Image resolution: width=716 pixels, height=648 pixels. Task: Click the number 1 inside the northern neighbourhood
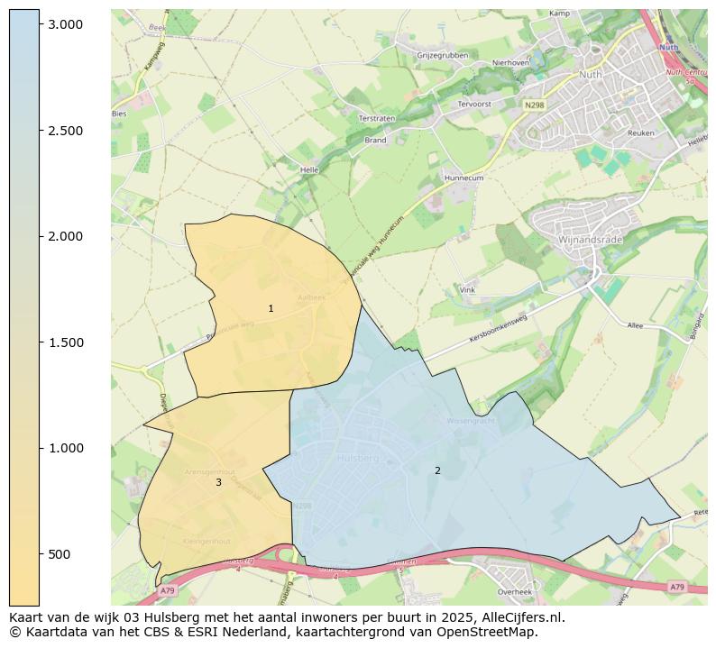point(271,309)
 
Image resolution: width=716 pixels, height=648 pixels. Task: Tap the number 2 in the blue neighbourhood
point(437,470)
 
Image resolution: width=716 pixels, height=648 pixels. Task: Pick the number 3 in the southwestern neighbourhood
point(218,483)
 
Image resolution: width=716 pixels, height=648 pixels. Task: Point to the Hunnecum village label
point(464,178)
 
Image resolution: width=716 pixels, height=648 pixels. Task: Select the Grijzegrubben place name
point(442,55)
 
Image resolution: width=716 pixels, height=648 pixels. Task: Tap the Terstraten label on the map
point(378,118)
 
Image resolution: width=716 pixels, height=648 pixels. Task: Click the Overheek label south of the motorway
point(515,592)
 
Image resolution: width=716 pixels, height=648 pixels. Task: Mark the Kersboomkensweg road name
point(498,330)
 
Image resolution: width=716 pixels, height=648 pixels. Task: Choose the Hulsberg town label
point(357,458)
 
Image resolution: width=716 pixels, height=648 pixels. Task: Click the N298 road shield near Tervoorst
point(535,105)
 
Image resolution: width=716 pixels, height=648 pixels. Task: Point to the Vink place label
point(467,290)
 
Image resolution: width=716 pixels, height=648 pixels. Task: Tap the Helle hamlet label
point(309,169)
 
